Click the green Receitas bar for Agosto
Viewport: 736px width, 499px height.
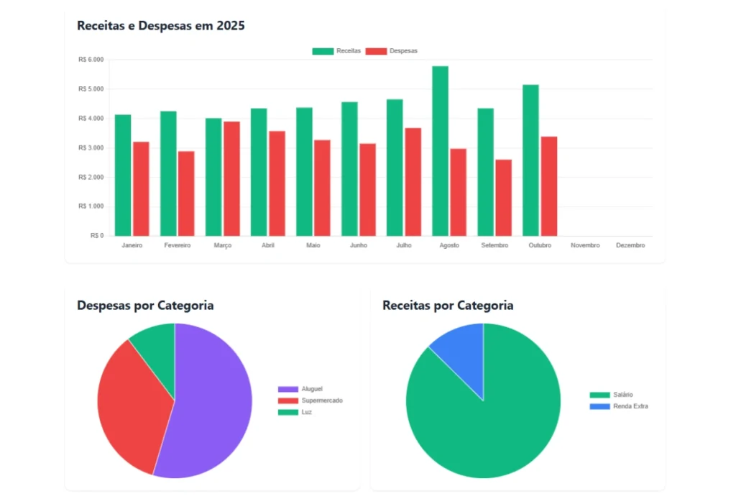(x=440, y=151)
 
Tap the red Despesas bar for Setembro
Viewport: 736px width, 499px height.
(x=503, y=198)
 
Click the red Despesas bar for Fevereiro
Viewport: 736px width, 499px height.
(x=186, y=193)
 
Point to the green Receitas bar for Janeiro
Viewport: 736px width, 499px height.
(x=123, y=175)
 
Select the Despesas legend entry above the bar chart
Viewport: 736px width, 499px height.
(x=392, y=51)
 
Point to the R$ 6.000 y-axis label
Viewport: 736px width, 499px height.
(x=91, y=60)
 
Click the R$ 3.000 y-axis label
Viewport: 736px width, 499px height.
(x=91, y=148)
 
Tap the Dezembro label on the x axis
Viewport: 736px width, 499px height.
(x=630, y=245)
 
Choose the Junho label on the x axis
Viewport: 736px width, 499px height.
(x=358, y=245)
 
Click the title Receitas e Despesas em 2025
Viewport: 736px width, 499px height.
(x=161, y=26)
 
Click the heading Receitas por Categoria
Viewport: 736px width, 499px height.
(x=448, y=306)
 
